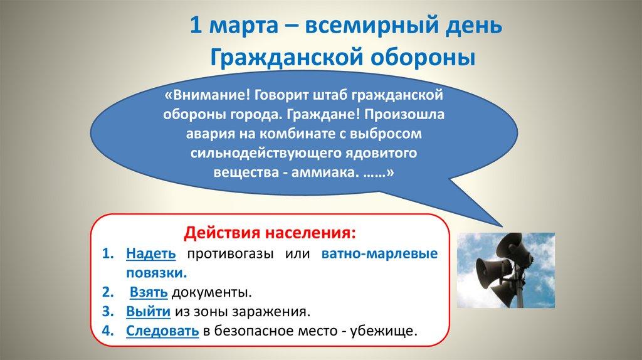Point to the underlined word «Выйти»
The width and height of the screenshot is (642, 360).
click(147, 311)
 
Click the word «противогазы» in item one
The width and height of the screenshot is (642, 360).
click(224, 254)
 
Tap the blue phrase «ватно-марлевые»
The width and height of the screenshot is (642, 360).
click(379, 254)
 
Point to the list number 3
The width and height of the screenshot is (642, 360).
click(107, 311)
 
